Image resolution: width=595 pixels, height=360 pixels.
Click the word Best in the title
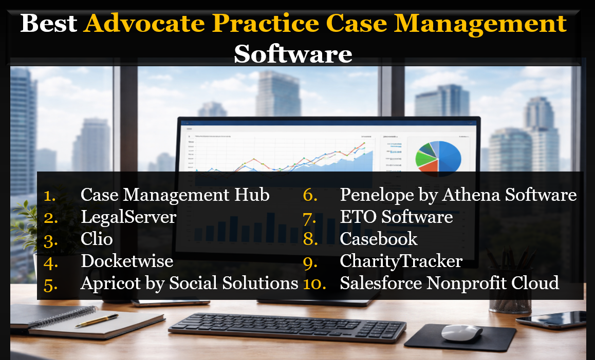(49, 23)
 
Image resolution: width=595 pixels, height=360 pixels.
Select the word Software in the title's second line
(293, 53)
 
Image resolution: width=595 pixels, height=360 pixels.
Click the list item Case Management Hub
(175, 195)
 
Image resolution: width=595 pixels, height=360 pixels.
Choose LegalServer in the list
(128, 217)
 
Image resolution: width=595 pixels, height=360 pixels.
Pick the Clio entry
(97, 239)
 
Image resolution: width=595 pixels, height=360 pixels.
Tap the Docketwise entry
(127, 261)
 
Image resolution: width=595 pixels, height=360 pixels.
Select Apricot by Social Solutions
(189, 283)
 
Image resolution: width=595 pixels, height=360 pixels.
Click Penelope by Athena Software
(458, 195)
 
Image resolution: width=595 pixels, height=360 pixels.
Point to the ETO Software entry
(396, 217)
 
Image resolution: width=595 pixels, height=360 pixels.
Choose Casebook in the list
(379, 239)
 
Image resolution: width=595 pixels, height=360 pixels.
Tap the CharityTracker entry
(401, 261)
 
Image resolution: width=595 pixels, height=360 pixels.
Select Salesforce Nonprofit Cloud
(450, 283)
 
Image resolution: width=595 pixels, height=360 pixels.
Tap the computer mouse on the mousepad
(461, 332)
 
